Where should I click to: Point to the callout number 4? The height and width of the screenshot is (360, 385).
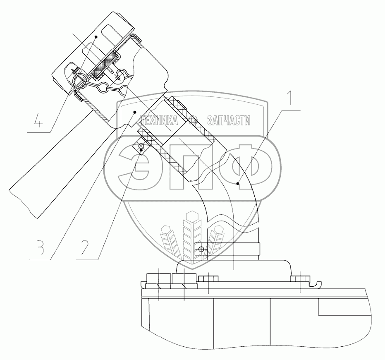(x=38, y=122)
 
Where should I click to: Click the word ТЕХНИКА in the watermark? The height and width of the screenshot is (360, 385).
(x=159, y=120)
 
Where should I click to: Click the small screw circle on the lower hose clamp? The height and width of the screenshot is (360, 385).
(x=201, y=249)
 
